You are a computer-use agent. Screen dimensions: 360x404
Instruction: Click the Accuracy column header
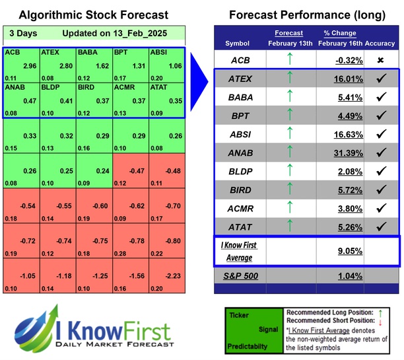380,44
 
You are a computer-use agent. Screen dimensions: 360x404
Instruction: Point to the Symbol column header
239,44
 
